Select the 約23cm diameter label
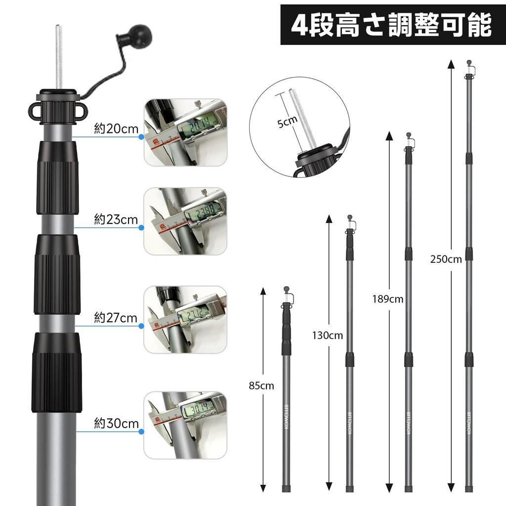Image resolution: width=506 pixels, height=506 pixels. (x=116, y=220)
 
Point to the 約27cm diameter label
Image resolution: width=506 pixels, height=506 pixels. (x=116, y=318)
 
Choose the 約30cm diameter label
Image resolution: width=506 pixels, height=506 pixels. (x=116, y=423)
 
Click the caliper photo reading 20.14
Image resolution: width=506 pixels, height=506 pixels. (x=185, y=132)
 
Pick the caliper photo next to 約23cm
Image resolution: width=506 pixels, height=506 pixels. (x=185, y=221)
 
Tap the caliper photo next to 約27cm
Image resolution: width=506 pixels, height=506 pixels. (x=185, y=319)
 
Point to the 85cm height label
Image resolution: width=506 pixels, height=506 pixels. (x=261, y=386)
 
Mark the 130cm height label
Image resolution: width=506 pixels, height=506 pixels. (x=327, y=336)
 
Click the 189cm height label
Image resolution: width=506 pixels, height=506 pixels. (x=388, y=299)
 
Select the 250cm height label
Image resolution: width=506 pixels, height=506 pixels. (x=446, y=259)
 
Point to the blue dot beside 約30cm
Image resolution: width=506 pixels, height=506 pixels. (x=141, y=431)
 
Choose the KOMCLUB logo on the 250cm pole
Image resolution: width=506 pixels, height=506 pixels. (x=468, y=423)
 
